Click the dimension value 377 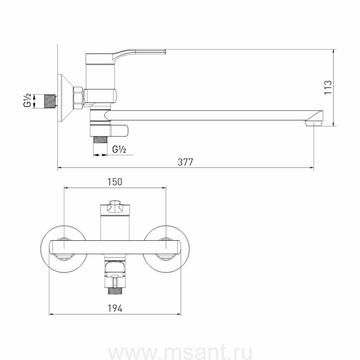coord(186,162)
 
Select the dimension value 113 coord(328,87)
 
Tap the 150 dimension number coord(115,182)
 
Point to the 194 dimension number coord(115,308)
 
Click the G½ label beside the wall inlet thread coord(27,100)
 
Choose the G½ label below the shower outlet coord(119,150)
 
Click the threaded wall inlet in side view coord(50,100)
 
